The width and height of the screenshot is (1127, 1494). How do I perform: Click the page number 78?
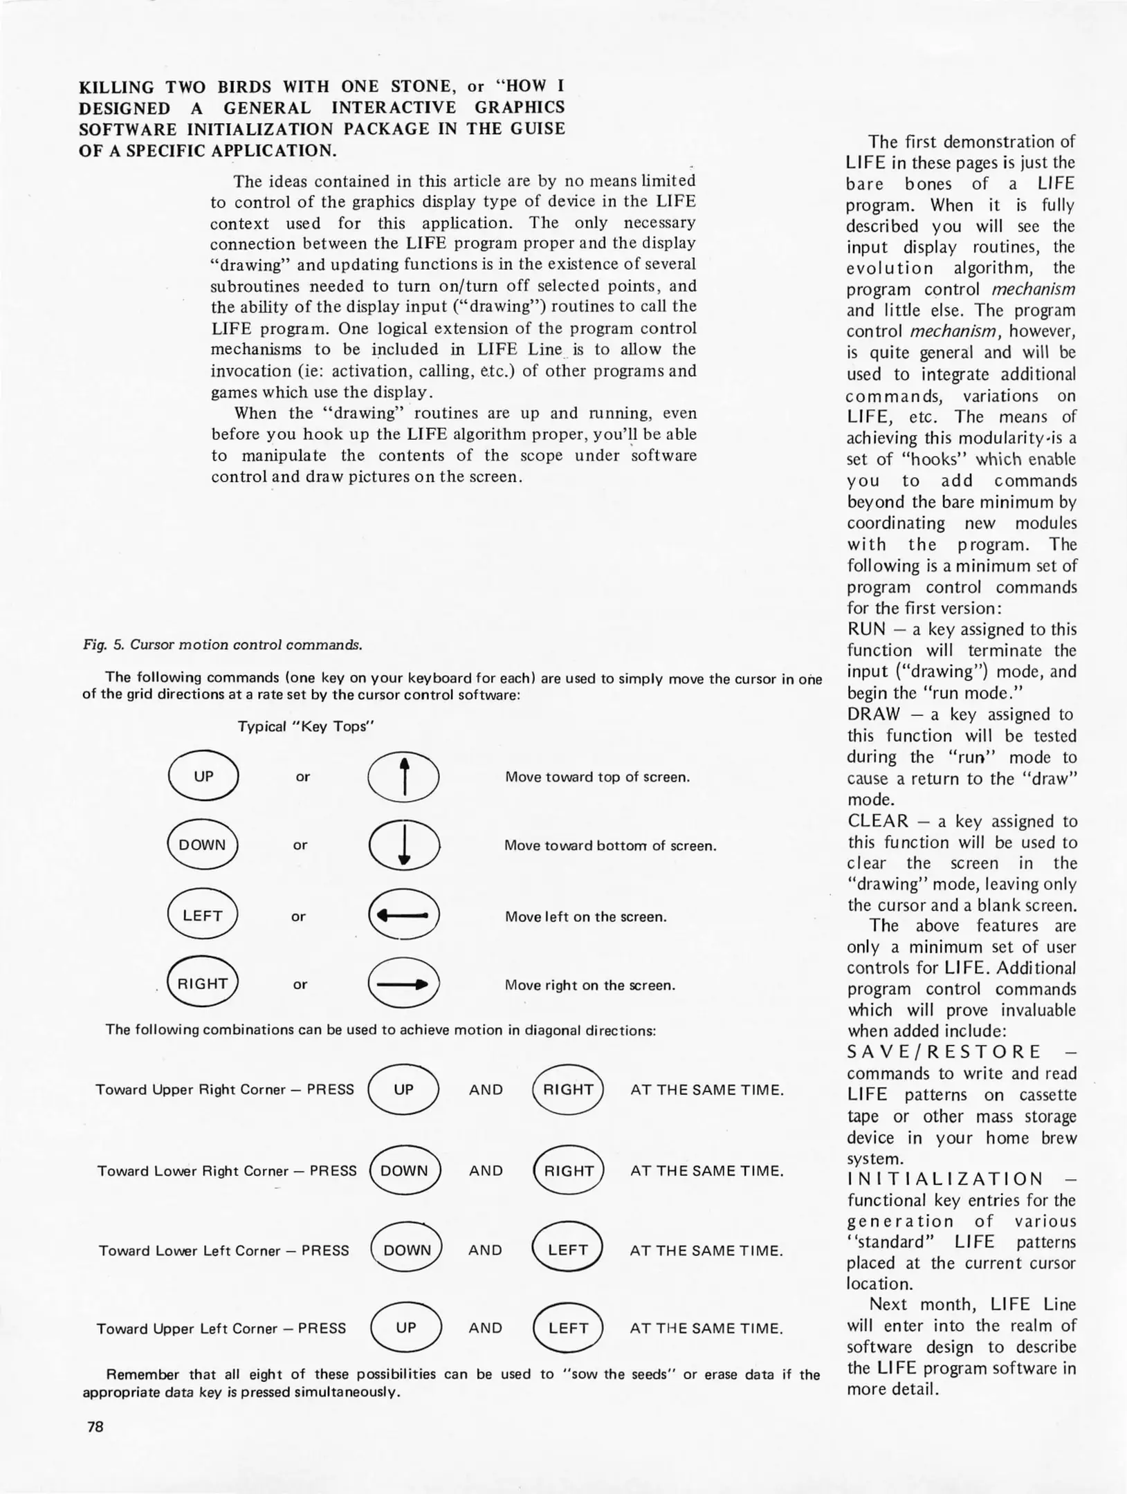95,1426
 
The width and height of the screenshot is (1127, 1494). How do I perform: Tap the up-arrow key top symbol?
403,776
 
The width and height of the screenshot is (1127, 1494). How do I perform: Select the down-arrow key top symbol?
405,845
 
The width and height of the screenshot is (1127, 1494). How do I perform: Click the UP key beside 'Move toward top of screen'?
203,776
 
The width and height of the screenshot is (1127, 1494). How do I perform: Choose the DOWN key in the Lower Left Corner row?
407,1250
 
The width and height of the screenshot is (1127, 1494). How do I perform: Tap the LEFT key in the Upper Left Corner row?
568,1328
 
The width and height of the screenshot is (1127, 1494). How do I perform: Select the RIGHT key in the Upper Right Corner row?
568,1089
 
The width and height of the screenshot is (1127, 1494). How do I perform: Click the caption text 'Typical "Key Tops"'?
306,726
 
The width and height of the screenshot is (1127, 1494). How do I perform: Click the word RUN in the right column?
866,629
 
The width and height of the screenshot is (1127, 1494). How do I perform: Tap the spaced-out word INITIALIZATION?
944,1179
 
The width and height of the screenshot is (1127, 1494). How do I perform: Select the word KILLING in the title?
116,87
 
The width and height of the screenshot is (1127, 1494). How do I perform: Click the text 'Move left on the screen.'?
585,916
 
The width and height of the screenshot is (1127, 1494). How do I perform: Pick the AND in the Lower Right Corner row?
486,1170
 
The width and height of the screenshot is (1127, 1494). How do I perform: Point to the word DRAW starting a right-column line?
873,714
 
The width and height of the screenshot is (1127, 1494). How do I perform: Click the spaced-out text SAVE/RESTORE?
944,1052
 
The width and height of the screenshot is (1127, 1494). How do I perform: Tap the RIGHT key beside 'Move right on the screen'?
203,984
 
